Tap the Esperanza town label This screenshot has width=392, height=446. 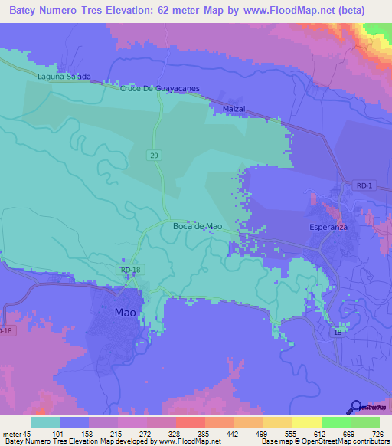tap(328, 228)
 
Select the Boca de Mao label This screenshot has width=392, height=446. tap(198, 226)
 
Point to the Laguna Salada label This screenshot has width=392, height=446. tap(64, 77)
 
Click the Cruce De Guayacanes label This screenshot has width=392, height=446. tap(160, 88)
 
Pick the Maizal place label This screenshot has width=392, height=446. tap(233, 110)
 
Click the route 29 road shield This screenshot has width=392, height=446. tap(155, 156)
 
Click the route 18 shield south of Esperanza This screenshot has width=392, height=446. tap(338, 333)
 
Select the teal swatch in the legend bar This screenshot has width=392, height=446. tap(45, 422)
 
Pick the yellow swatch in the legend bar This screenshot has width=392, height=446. tap(306, 422)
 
